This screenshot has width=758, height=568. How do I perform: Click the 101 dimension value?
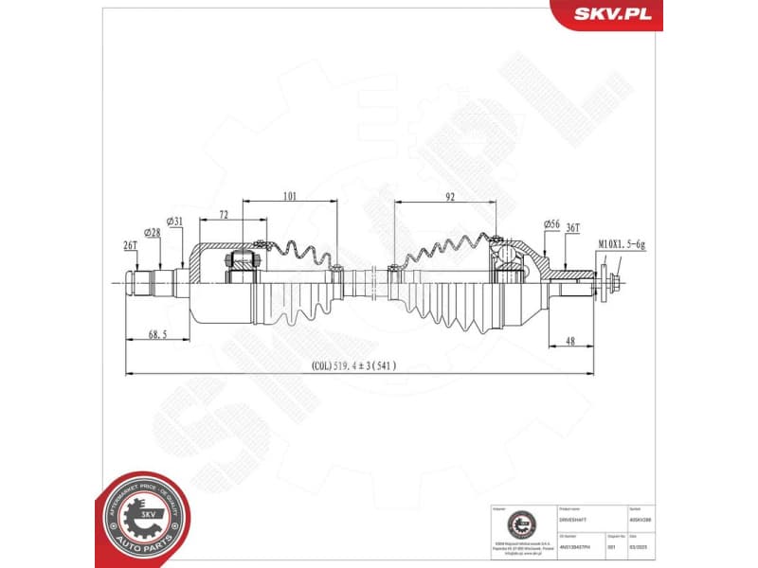pyautogui.click(x=290, y=197)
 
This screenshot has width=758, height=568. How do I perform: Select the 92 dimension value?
pyautogui.click(x=450, y=197)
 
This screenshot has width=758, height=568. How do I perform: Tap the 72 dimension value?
pyautogui.click(x=224, y=216)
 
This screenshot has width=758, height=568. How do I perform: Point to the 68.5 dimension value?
pyautogui.click(x=157, y=334)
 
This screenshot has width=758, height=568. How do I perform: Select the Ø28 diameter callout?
pyautogui.click(x=152, y=232)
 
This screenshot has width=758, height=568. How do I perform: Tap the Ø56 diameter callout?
pyautogui.click(x=551, y=223)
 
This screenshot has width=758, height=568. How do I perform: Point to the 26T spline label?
pyautogui.click(x=130, y=245)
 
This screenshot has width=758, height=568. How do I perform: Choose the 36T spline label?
pyautogui.click(x=572, y=228)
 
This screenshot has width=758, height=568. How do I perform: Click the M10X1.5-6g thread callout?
pyautogui.click(x=622, y=245)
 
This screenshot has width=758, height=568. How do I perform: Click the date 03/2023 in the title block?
pyautogui.click(x=640, y=546)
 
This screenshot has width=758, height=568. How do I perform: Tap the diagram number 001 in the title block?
pyautogui.click(x=612, y=546)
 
